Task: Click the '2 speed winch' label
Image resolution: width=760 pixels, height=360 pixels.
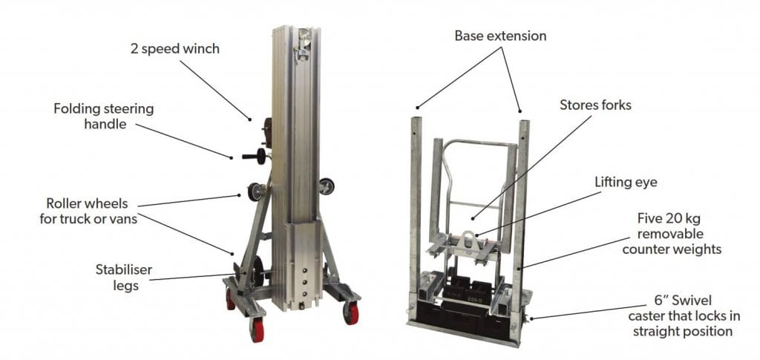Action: pyautogui.click(x=175, y=49)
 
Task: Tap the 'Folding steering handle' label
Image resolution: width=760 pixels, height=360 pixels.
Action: pyautogui.click(x=104, y=116)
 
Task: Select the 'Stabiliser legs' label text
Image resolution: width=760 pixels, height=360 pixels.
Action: pyautogui.click(x=125, y=277)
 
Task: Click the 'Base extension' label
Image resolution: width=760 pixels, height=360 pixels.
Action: pyautogui.click(x=501, y=36)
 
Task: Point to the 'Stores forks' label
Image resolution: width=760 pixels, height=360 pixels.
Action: pyautogui.click(x=595, y=105)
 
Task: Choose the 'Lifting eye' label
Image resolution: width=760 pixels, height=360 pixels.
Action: pyautogui.click(x=626, y=183)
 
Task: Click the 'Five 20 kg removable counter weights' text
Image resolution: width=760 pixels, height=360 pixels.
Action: pyautogui.click(x=671, y=234)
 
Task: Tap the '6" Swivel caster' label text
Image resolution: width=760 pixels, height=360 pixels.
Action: pyautogui.click(x=684, y=316)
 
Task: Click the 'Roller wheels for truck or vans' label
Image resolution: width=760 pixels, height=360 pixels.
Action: pyautogui.click(x=88, y=210)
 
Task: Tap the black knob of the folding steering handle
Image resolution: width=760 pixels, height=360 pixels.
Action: pyautogui.click(x=261, y=157)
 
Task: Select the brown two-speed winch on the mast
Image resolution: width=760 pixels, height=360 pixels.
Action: pyautogui.click(x=266, y=132)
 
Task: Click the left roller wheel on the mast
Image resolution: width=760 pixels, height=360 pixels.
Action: pyautogui.click(x=255, y=192)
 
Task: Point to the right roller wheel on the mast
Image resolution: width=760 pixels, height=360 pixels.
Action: pyautogui.click(x=327, y=186)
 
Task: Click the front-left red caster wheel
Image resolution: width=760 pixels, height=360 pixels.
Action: pyautogui.click(x=256, y=330)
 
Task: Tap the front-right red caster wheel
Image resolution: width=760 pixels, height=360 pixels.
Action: pyautogui.click(x=351, y=313)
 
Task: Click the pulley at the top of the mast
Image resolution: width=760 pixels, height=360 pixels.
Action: pyautogui.click(x=304, y=37)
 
